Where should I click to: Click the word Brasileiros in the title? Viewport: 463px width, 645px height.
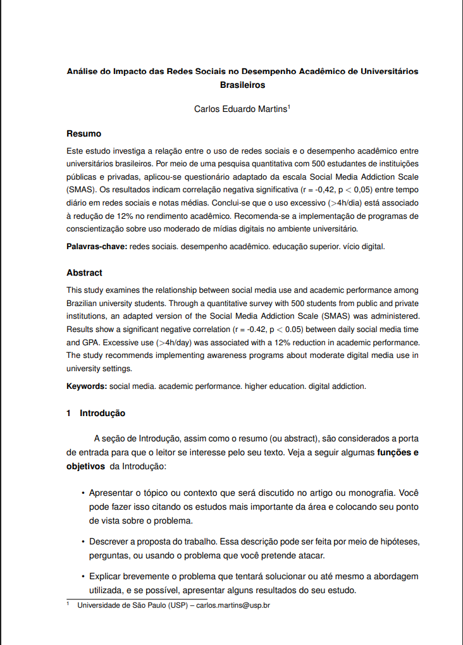(x=242, y=84)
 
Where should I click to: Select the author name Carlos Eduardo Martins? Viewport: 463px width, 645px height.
(x=240, y=109)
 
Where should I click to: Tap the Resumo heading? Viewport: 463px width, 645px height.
(x=83, y=133)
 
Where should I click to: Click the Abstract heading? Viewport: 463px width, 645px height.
(x=84, y=273)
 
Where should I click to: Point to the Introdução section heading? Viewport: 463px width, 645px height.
(x=102, y=414)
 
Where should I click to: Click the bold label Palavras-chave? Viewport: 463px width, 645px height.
(x=97, y=246)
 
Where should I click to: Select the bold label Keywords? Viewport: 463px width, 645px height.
(x=87, y=386)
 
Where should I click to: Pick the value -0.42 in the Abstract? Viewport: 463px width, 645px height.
(x=257, y=329)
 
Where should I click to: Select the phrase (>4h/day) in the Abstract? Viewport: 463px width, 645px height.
(x=174, y=343)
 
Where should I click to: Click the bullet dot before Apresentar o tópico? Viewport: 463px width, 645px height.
(x=83, y=493)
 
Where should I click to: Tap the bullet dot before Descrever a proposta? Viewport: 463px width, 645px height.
(x=83, y=542)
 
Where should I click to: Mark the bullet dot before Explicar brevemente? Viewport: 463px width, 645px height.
(x=83, y=577)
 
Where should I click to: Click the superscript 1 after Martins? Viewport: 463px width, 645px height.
(x=289, y=106)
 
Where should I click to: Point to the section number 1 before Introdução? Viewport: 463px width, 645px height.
(x=69, y=414)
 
